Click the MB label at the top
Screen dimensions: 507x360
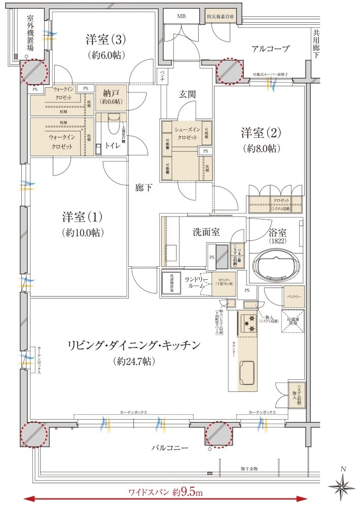(181, 16)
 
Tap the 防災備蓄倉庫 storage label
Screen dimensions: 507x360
(221, 16)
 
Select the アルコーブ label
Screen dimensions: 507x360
(270, 49)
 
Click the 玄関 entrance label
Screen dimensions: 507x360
(188, 94)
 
